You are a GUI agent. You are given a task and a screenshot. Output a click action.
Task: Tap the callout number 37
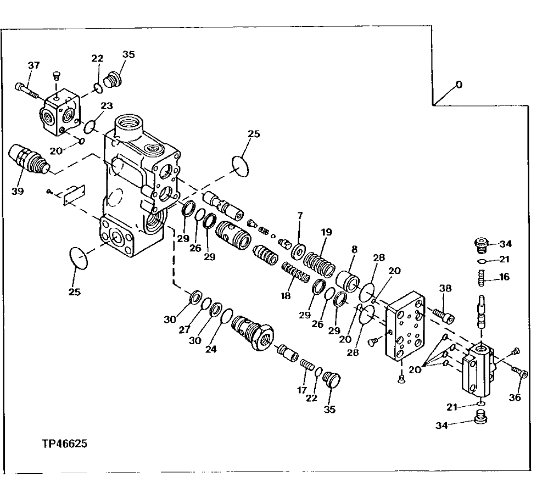click(x=33, y=66)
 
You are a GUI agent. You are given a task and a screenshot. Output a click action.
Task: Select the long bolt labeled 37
click(x=27, y=89)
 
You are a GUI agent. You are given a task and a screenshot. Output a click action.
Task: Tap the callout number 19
click(x=327, y=232)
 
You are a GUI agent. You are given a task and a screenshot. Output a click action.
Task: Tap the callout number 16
click(x=504, y=277)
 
